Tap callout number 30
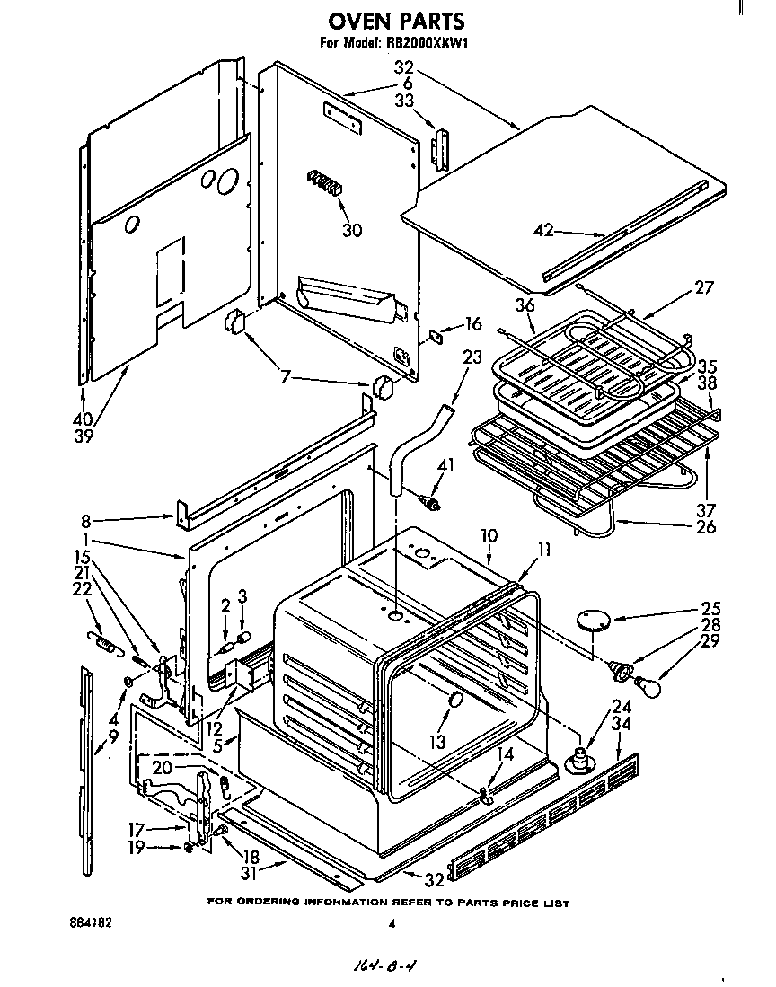[352, 231]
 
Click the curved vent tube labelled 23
[418, 445]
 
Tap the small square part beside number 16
[436, 336]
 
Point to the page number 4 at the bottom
[392, 923]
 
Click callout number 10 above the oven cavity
[489, 535]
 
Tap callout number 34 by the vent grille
[620, 722]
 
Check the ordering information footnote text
[388, 902]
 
